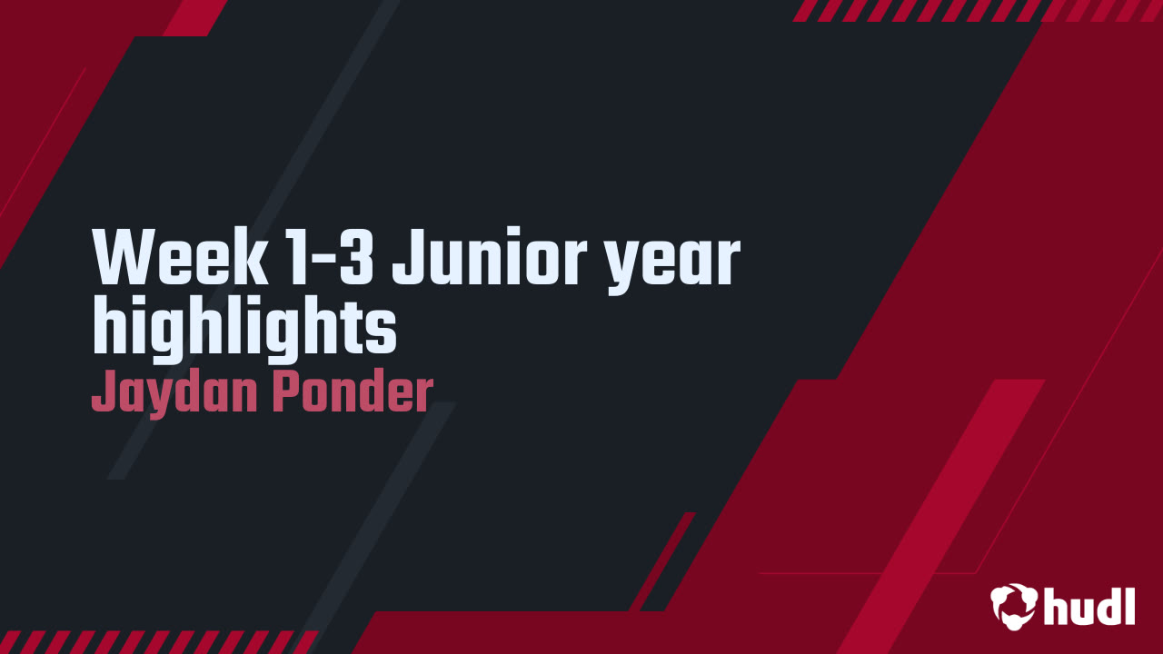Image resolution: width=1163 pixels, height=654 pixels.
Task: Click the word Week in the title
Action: click(x=178, y=258)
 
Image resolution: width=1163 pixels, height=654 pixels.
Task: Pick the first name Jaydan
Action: click(x=169, y=393)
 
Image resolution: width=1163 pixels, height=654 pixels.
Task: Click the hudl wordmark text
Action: click(x=1088, y=606)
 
